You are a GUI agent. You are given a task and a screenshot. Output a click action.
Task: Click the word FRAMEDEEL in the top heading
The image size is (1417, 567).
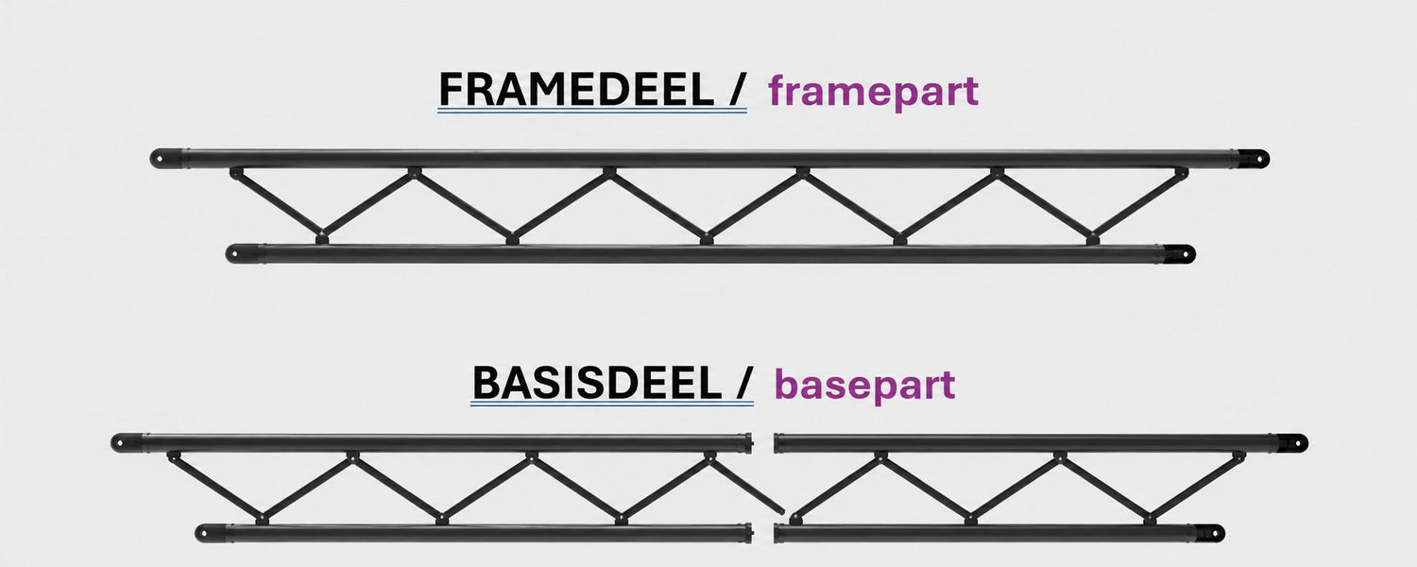pyautogui.click(x=576, y=90)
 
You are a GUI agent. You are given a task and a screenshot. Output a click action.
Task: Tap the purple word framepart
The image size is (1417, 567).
pyautogui.click(x=874, y=91)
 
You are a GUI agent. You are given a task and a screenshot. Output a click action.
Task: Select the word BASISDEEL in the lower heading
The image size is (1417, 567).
pyautogui.click(x=597, y=383)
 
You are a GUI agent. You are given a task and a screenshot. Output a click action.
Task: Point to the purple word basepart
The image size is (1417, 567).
pyautogui.click(x=864, y=384)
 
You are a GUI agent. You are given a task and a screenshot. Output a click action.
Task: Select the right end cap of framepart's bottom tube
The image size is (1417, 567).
pyautogui.click(x=1177, y=254)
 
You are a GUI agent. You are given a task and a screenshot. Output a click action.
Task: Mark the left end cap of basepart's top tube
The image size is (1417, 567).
pyautogui.click(x=128, y=442)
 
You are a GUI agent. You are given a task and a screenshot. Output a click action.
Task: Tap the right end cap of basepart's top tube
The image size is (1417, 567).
pyautogui.click(x=1289, y=443)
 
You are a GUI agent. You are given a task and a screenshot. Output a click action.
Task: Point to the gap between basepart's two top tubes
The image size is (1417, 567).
pyautogui.click(x=763, y=443)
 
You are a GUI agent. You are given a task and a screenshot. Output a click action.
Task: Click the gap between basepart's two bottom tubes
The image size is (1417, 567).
pyautogui.click(x=763, y=534)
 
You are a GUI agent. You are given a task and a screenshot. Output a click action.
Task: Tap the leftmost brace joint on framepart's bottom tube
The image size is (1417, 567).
pyautogui.click(x=321, y=238)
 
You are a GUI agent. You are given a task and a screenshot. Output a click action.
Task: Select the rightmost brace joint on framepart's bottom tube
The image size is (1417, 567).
pyautogui.click(x=1092, y=238)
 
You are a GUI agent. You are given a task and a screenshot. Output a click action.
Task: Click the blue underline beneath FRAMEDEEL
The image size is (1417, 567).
pyautogui.click(x=592, y=111)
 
